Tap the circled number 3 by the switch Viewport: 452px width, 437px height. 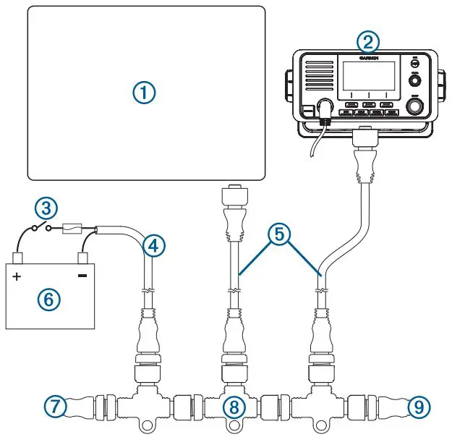click(x=46, y=209)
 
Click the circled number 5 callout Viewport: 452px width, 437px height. click(x=278, y=234)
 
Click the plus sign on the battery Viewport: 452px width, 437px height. click(x=17, y=276)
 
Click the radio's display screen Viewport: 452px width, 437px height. click(x=369, y=77)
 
